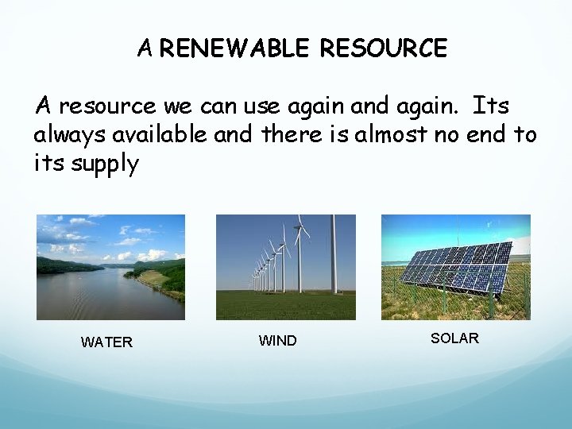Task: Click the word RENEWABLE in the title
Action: coord(235,49)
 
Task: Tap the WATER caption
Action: coord(106,342)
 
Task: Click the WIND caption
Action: coord(277,341)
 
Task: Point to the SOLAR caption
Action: coord(454,338)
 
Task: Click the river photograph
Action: coord(110,267)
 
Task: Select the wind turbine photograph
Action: coord(286,267)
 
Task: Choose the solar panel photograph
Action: coord(455,267)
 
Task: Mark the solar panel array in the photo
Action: coord(455,267)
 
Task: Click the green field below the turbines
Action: coord(286,305)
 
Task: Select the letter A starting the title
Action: coord(145,49)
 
